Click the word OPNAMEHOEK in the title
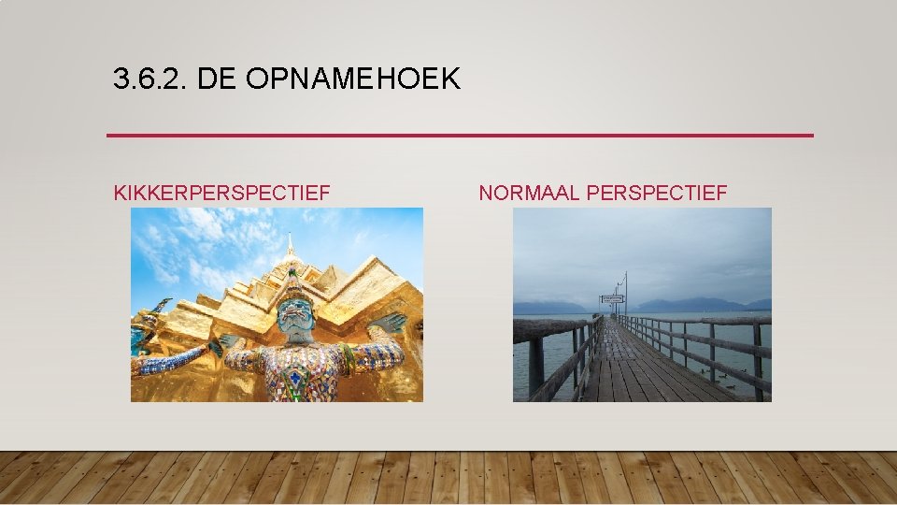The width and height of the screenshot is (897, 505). (x=353, y=79)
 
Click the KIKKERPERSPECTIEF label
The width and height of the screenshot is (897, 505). (x=221, y=194)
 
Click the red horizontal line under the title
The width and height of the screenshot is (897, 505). (x=460, y=136)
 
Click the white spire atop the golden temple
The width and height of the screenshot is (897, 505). (x=290, y=245)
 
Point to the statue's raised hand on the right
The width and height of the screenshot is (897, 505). (x=390, y=324)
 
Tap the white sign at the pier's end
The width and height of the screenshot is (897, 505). (x=612, y=298)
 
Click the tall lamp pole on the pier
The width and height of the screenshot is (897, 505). (x=625, y=292)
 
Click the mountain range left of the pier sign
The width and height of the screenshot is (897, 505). (x=551, y=307)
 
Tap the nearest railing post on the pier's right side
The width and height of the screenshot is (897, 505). (x=758, y=360)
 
